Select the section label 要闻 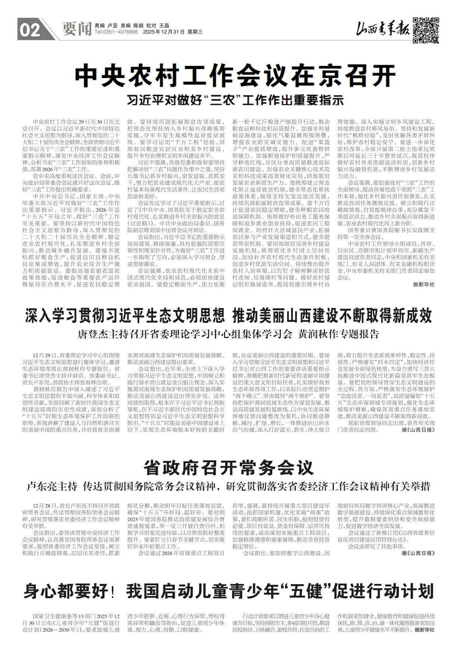pos(76,28)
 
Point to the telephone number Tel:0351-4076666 pos(116,32)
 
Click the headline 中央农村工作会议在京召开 pos(235,75)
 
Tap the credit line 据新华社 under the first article pos(421,285)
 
